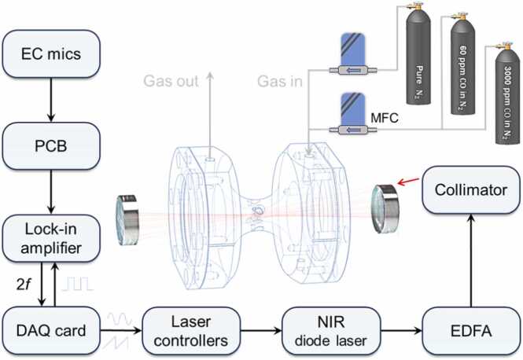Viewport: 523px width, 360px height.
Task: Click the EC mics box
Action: coord(51,54)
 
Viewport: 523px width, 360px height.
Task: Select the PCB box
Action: coord(51,146)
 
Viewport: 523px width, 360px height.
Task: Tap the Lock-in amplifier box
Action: coord(51,238)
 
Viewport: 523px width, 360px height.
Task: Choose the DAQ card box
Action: coord(51,331)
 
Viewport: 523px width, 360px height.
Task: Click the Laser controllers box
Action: coord(191,331)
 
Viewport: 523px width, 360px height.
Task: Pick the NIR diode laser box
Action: coord(331,331)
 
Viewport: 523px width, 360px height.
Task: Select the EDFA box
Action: coord(471,331)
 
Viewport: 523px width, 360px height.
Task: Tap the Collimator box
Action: coord(471,189)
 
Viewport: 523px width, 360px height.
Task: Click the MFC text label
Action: coord(385,118)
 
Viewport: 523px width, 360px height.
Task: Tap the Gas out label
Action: coord(171,81)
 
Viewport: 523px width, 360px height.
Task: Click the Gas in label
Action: coord(280,81)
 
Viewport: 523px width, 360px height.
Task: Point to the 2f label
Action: coord(24,285)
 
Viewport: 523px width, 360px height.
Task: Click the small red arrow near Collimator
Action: coord(409,182)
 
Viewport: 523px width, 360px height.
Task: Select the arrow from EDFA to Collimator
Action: coord(471,260)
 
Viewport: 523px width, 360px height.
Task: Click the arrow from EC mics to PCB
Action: coord(51,100)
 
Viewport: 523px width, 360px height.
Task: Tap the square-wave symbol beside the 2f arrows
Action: coord(77,283)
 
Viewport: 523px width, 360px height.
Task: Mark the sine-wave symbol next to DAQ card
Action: coord(120,318)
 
